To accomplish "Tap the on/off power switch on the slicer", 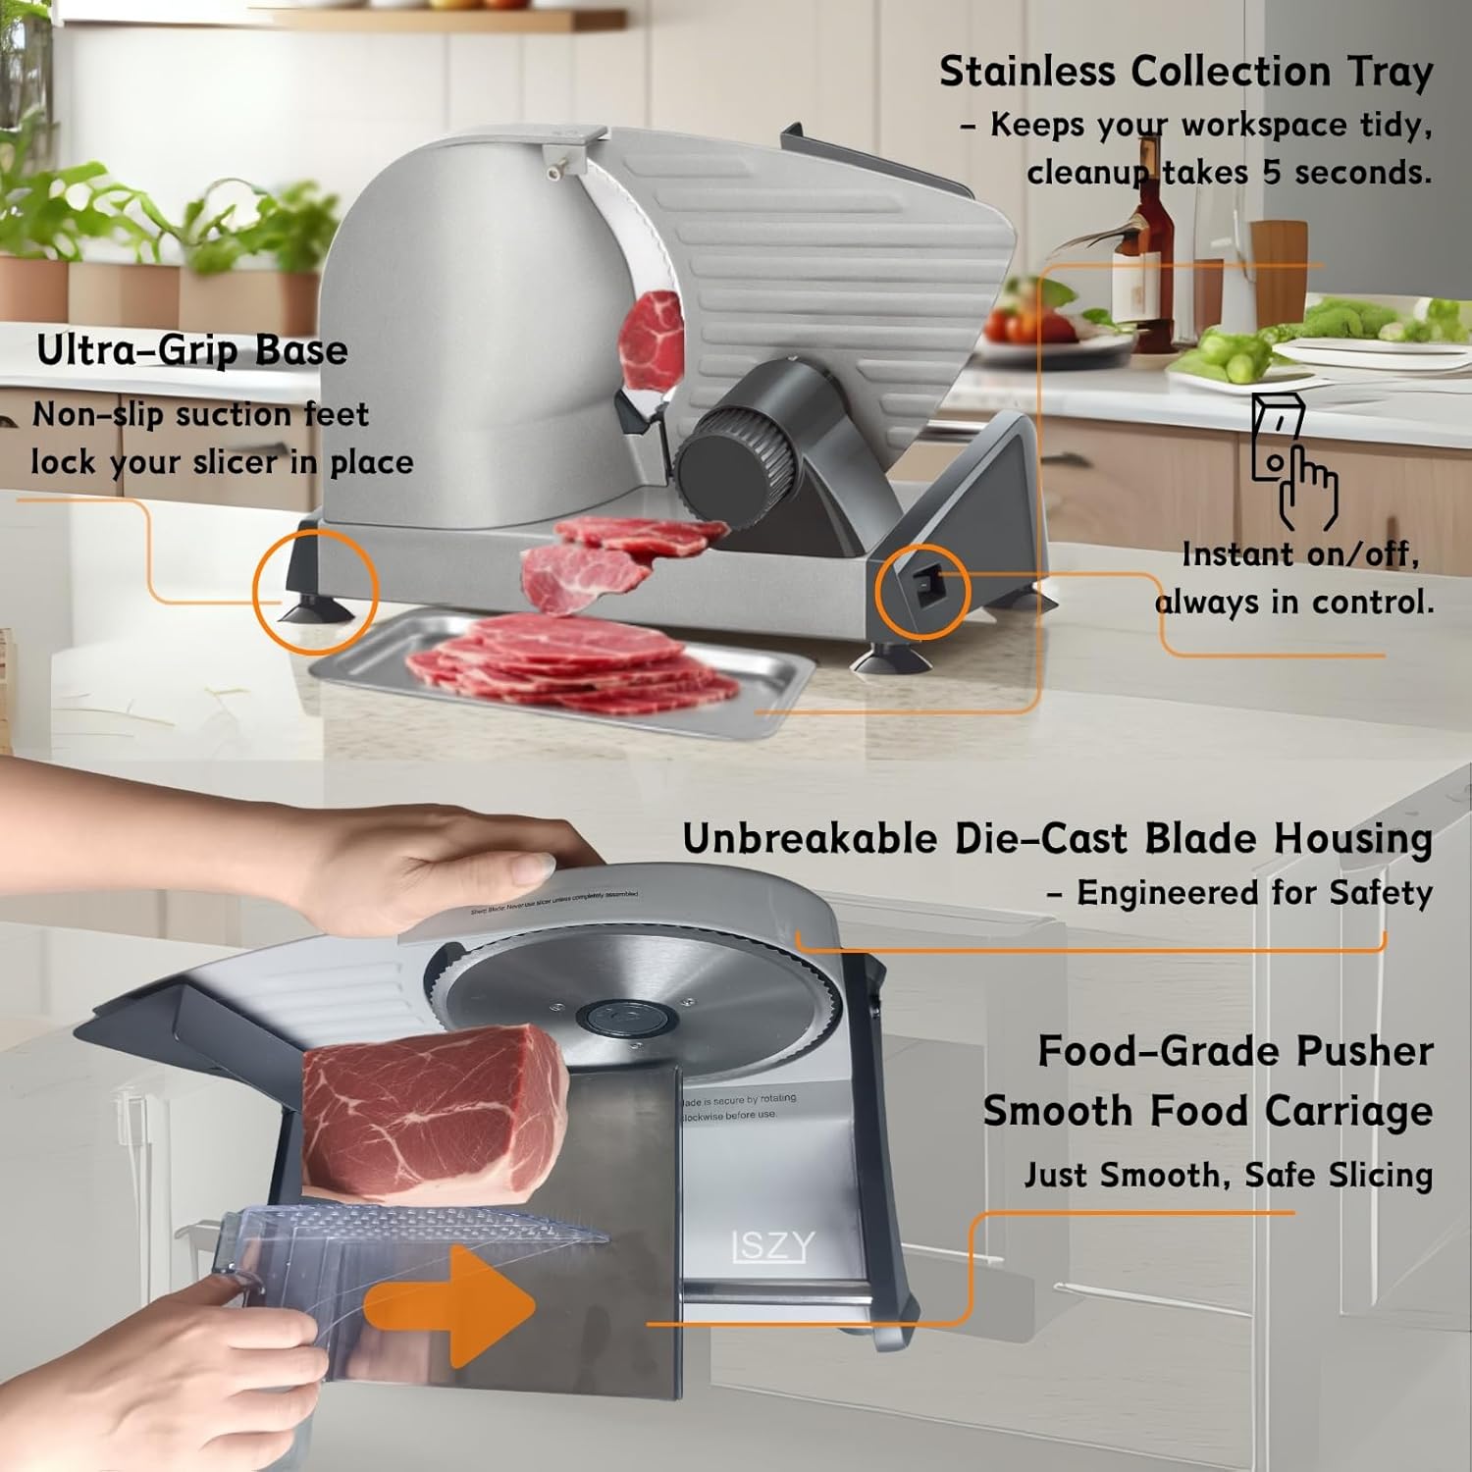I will point(924,588).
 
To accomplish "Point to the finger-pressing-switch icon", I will point(1292,461).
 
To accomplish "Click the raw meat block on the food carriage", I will point(432,1114).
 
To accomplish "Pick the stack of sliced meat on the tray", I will point(574,667).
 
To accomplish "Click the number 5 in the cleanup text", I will point(1272,173).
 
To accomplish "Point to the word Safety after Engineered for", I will point(1381,893).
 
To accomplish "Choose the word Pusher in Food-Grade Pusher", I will point(1364,1051).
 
